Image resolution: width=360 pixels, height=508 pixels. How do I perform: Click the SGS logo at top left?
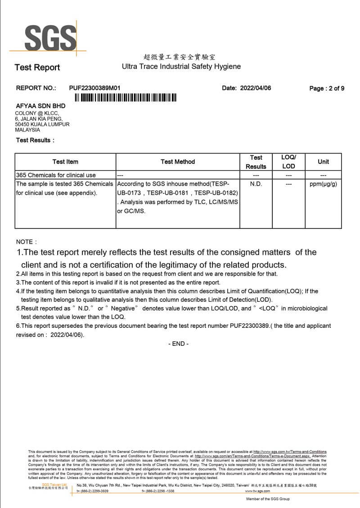50,38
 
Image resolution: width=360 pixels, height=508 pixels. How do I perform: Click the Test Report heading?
37,68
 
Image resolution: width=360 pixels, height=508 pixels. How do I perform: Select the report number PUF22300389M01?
95,88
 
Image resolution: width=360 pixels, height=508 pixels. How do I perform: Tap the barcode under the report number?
126,98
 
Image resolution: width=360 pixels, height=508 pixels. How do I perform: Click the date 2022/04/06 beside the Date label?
255,88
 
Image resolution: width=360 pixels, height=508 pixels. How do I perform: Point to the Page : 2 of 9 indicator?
327,88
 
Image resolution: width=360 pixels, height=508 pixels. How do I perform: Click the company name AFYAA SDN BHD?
40,106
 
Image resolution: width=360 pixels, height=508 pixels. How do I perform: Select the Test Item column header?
65,162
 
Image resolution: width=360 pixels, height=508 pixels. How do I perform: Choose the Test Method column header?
178,162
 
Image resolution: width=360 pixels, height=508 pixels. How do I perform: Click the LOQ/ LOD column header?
288,162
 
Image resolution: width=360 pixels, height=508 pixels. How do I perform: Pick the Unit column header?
323,162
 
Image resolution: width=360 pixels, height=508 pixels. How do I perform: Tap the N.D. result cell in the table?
256,184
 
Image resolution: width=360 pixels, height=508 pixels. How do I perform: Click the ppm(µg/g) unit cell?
323,184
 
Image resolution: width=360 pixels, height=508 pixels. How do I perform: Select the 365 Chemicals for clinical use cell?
56,175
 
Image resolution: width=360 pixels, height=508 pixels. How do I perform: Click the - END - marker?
179,344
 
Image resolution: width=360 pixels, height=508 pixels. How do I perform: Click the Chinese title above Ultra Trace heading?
179,57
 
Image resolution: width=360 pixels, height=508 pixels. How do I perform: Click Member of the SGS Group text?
268,499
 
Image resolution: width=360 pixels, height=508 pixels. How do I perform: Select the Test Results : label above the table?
35,140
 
